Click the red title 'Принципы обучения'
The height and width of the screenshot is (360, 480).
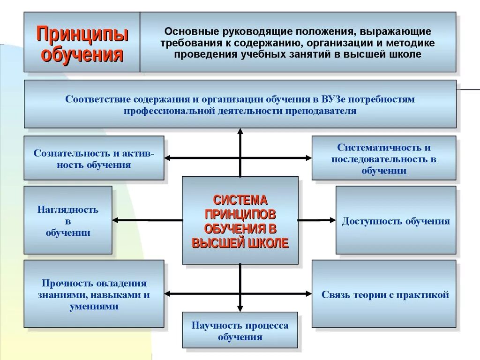[x=82, y=44]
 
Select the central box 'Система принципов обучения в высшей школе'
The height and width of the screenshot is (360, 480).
[x=240, y=220]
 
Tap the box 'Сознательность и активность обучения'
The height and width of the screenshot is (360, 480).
[x=94, y=158]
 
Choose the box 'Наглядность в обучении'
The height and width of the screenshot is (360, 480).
[x=68, y=220]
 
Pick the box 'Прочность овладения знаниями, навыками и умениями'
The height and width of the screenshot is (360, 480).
[x=94, y=294]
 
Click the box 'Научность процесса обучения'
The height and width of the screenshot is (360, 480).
[x=240, y=331]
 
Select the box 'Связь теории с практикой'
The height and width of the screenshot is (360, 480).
[x=384, y=294]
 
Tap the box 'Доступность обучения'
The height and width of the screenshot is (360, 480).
[x=396, y=220]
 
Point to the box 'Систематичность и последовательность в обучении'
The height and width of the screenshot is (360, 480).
[x=384, y=158]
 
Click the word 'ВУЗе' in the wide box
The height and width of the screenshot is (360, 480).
[x=334, y=99]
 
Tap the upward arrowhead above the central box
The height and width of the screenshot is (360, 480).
[x=240, y=132]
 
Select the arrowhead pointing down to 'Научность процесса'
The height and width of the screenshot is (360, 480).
[x=240, y=308]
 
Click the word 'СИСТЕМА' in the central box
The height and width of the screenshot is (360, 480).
[x=240, y=201]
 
